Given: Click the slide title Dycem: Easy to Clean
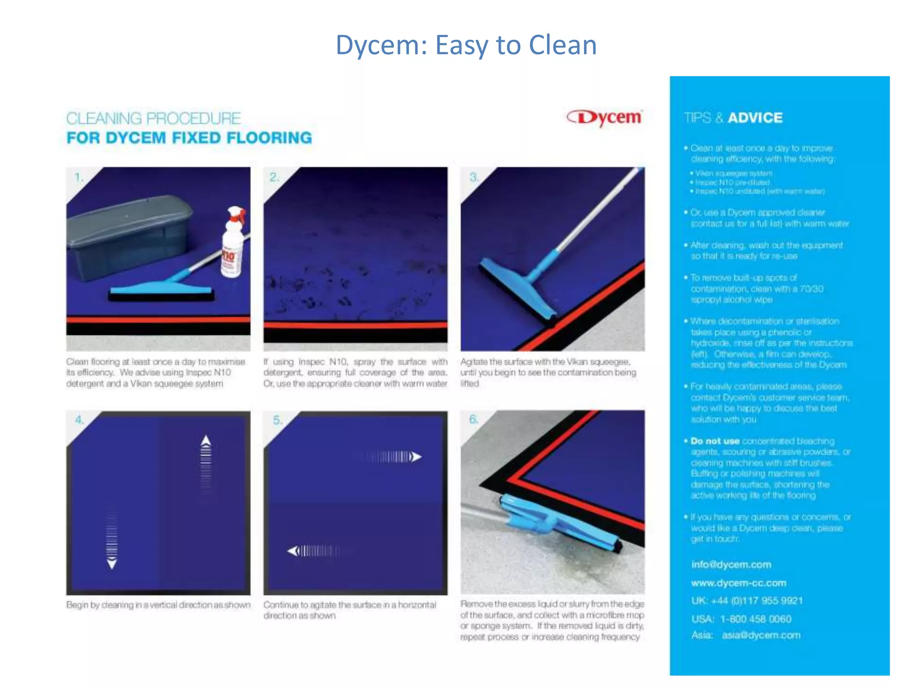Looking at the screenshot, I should point(466,45).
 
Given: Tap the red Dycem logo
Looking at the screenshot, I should point(605,118).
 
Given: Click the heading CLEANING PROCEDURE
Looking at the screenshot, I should point(153,119).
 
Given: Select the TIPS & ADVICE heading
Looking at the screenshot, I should point(734,118).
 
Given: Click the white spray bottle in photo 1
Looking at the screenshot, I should point(233,244).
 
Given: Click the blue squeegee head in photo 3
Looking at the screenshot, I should point(519,286).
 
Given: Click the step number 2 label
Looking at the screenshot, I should point(274,178).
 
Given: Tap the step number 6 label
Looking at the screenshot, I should point(473,420).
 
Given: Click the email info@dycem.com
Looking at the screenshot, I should point(731,564).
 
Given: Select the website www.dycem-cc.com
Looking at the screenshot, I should point(738,583).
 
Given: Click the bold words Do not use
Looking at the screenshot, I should point(715,441).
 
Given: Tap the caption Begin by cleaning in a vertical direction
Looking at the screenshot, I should point(158,605).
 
